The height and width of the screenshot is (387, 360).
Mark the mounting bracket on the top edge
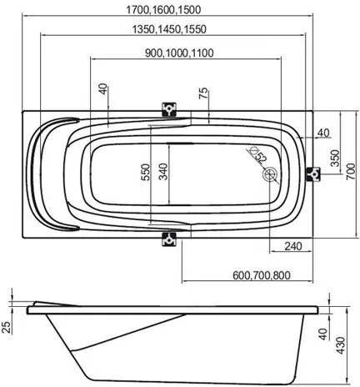169,109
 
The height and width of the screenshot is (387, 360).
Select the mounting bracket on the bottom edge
169,238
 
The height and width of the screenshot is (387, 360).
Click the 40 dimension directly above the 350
322,133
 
